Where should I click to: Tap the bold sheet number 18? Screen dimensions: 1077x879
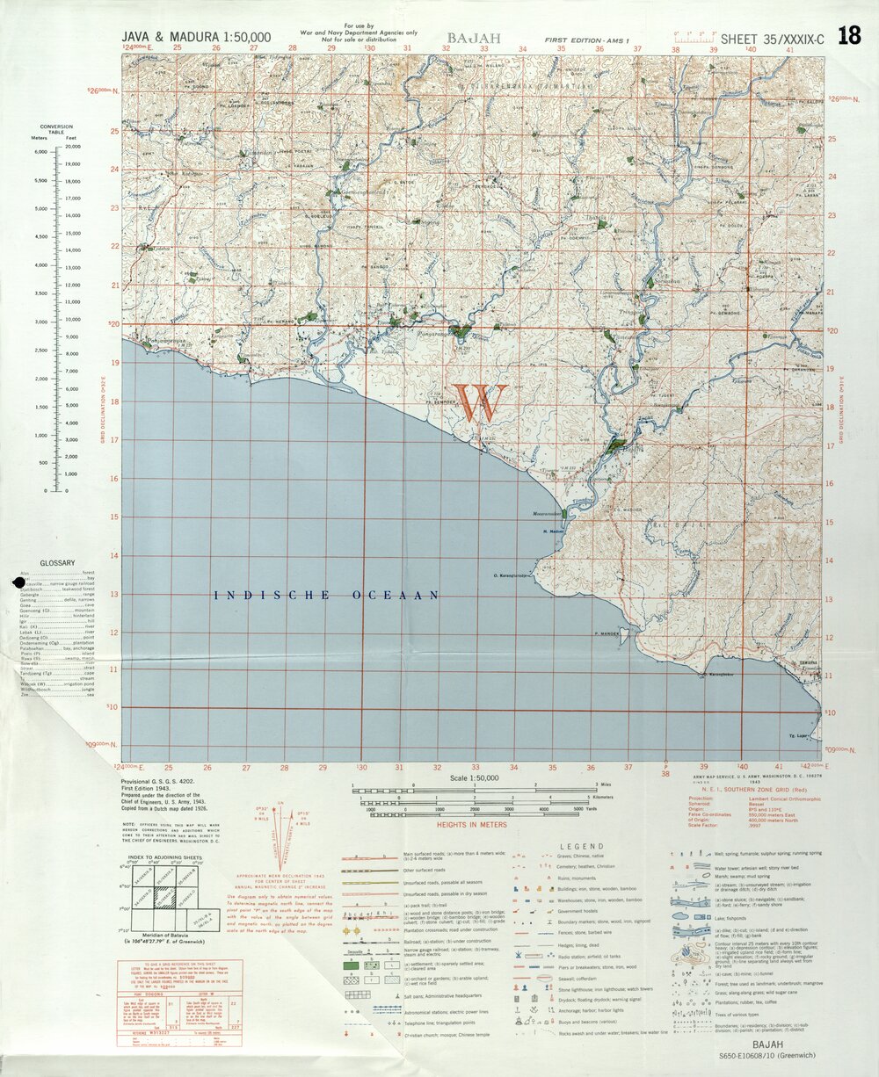(849, 36)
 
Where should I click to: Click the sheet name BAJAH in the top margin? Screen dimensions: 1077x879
(473, 39)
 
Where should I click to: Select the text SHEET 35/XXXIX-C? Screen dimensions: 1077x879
(772, 39)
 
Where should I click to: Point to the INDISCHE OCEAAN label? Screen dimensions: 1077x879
(327, 596)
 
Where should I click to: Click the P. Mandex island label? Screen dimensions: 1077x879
(607, 633)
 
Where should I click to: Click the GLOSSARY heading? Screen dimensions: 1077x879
(57, 563)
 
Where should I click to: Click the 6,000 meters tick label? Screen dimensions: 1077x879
(39, 152)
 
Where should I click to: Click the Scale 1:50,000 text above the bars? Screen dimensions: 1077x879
(474, 778)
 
